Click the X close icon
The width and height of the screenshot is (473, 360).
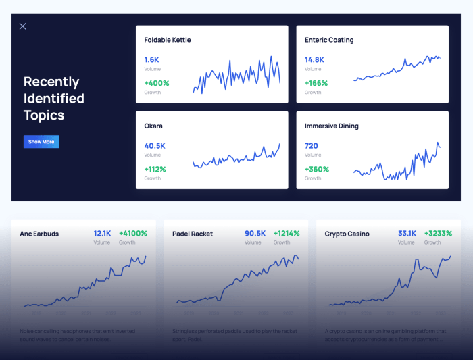coord(22,26)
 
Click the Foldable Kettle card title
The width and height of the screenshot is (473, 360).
coord(167,40)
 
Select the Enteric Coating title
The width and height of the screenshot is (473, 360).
coord(329,40)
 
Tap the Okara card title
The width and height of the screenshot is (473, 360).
coord(153,126)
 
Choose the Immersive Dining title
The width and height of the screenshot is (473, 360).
coord(331,126)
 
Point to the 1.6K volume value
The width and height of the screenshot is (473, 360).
coord(151,59)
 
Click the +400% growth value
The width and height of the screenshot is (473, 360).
coord(156,83)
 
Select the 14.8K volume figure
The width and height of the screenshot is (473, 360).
coord(314,59)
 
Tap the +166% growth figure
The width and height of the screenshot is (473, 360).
coord(316,83)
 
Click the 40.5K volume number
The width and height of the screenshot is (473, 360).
coord(155,145)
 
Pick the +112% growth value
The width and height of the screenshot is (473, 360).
coord(155,169)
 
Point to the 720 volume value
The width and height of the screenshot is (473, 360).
coord(311,145)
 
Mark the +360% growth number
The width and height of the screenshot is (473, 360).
coord(316,169)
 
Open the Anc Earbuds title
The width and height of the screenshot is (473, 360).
coord(39,234)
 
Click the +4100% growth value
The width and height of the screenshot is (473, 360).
coord(133,233)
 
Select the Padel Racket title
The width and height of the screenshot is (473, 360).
coord(193,234)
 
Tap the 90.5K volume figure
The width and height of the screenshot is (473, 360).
coord(255,233)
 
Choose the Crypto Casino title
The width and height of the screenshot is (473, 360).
coord(347,234)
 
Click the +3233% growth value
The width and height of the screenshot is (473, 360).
coord(438,233)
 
